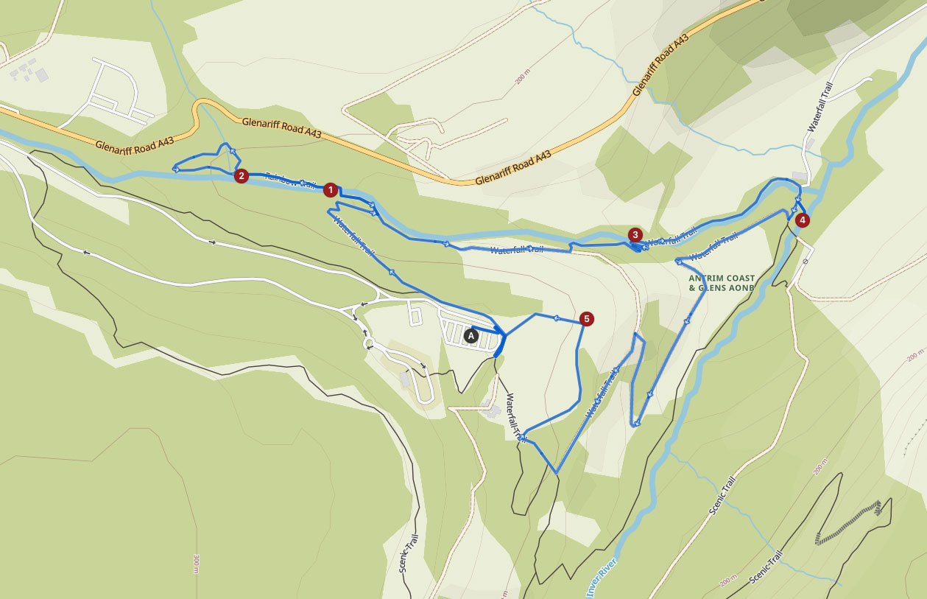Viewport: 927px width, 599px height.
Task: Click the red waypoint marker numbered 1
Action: point(331,190)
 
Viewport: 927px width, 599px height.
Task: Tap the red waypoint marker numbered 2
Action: point(240,176)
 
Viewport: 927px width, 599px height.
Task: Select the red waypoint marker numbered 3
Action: point(635,235)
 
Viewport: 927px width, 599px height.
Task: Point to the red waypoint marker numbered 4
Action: point(802,220)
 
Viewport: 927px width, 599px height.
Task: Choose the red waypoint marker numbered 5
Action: point(586,319)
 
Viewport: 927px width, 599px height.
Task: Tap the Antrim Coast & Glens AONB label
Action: point(722,283)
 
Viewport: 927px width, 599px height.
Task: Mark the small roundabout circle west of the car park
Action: point(367,342)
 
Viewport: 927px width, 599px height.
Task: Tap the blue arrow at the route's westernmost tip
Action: point(175,169)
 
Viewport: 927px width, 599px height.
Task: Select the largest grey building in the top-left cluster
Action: point(41,74)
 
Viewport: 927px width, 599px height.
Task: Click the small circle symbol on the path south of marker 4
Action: point(807,262)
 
